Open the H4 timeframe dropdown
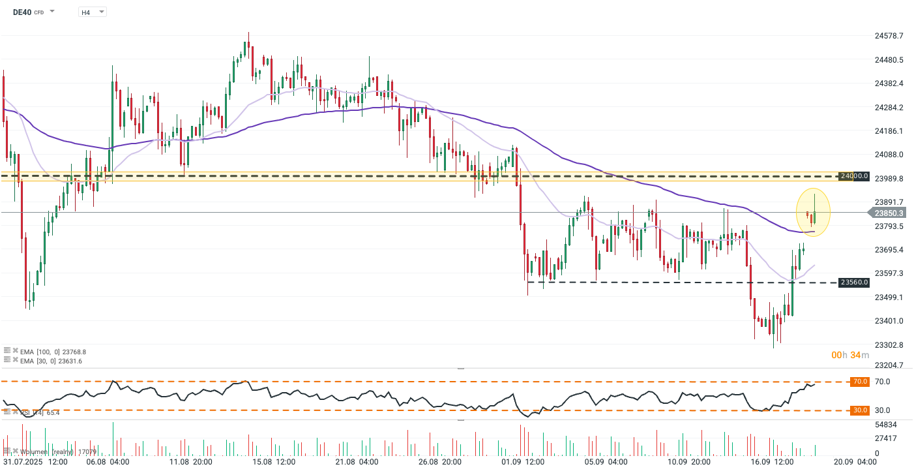(92, 12)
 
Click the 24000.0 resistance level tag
(854, 176)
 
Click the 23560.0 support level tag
(854, 282)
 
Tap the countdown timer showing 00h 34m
(850, 355)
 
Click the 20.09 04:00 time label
(857, 461)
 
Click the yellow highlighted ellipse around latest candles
(813, 212)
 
